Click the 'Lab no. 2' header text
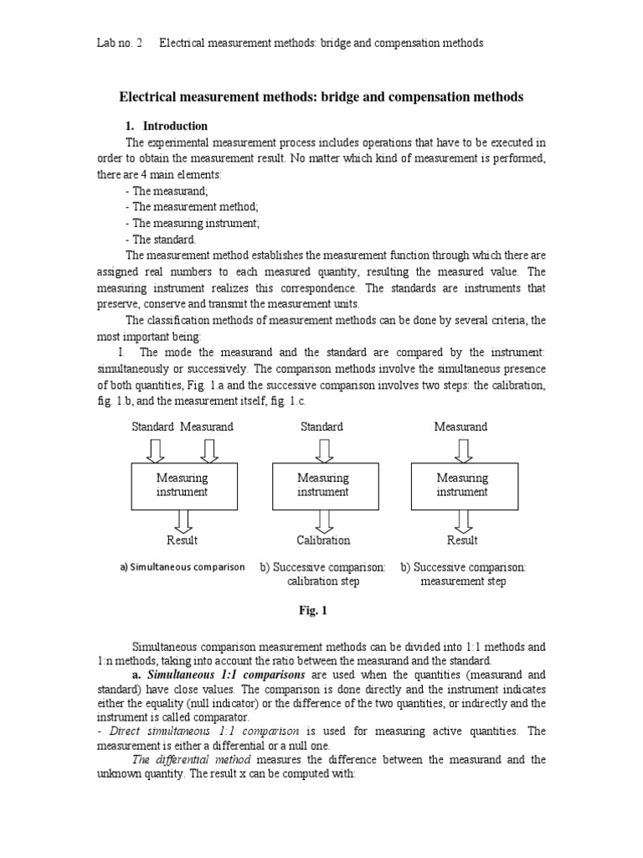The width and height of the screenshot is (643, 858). point(120,43)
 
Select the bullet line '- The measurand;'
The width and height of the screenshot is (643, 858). point(167,191)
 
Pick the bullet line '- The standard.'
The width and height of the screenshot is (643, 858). point(161,239)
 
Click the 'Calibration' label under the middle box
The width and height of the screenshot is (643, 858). point(323,540)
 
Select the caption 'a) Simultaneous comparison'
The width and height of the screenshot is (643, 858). point(183,567)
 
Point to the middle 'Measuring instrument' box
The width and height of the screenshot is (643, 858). point(322,486)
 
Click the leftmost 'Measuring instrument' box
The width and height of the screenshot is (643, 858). point(182,486)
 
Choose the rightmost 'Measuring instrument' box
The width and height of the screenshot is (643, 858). point(462,486)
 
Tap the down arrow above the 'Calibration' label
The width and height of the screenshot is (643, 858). point(323,521)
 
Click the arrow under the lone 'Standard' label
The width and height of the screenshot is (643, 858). point(322,451)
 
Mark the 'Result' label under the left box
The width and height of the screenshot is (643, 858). point(182,540)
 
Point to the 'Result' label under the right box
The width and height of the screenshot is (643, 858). point(462,540)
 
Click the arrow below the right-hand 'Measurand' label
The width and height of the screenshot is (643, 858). point(462,451)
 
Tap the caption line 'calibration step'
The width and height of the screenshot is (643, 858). point(323,581)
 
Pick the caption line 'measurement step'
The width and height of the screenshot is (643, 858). point(463,581)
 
